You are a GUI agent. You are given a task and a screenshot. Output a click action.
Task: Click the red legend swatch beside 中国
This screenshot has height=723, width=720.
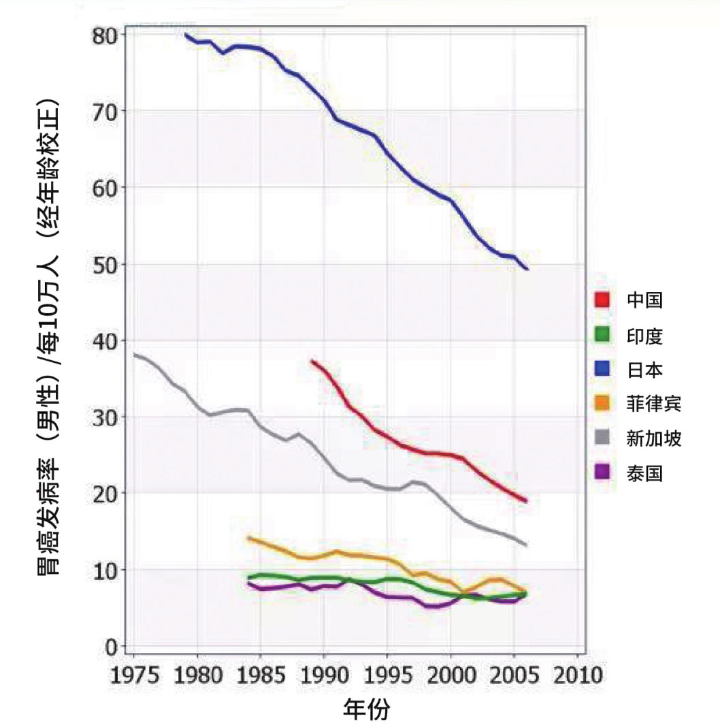(602, 300)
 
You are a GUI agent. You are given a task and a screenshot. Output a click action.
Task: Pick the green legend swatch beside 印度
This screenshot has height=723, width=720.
(602, 334)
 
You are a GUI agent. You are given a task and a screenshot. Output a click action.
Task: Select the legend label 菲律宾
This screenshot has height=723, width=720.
(653, 404)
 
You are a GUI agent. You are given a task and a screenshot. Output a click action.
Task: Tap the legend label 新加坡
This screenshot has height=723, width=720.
(653, 438)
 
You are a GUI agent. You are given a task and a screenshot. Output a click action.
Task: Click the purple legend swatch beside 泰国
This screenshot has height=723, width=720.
(602, 473)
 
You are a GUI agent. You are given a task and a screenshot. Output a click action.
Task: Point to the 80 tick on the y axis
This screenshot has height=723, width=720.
(105, 34)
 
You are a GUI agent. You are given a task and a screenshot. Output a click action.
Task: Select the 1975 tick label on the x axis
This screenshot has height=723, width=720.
(134, 676)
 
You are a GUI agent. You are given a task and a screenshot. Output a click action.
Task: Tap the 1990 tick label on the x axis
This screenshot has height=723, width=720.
(324, 676)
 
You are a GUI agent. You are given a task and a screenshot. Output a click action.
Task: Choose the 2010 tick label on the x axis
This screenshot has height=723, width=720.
(577, 676)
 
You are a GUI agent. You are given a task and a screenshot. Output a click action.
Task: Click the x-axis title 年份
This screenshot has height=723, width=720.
(368, 708)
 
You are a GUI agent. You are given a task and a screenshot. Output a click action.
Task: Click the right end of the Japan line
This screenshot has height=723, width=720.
(527, 269)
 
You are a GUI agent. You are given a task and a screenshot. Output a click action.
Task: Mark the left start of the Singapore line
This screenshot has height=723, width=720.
(135, 354)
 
